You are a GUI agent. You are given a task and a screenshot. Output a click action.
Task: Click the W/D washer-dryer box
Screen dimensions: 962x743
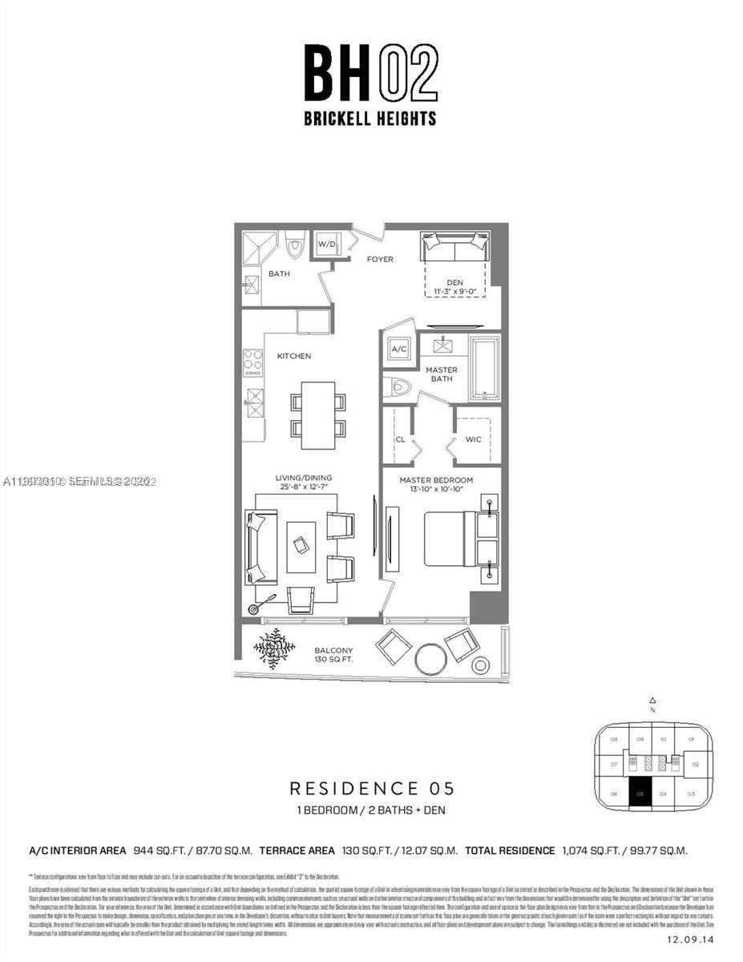pyautogui.click(x=327, y=244)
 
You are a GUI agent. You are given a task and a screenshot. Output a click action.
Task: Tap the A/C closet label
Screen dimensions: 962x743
pyautogui.click(x=398, y=350)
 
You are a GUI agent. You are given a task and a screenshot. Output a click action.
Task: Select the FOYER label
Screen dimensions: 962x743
pyautogui.click(x=380, y=259)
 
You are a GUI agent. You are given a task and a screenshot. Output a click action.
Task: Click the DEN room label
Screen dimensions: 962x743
pyautogui.click(x=455, y=282)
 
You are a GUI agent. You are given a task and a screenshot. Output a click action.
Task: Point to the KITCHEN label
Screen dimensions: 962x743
pyautogui.click(x=293, y=355)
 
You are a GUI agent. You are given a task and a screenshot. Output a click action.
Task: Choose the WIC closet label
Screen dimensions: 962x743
pyautogui.click(x=473, y=439)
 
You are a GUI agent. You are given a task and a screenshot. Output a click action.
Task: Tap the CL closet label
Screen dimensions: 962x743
pyautogui.click(x=400, y=439)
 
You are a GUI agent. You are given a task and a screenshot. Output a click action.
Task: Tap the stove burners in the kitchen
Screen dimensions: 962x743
pyautogui.click(x=252, y=363)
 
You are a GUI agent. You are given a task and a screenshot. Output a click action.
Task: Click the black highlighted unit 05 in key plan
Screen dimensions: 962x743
pyautogui.click(x=640, y=794)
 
